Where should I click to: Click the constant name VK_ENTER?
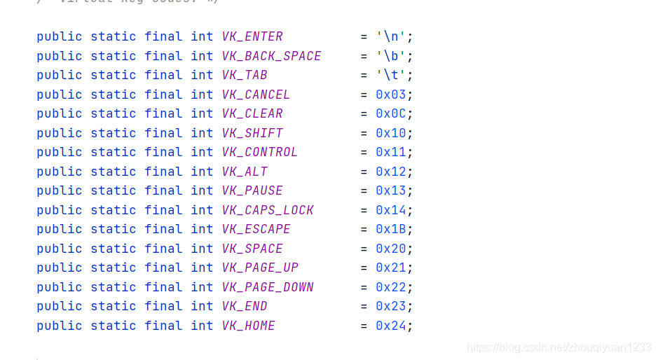(252, 36)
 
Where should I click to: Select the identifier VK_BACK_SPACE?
(271, 56)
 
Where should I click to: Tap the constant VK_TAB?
(245, 75)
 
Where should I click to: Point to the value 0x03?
(391, 95)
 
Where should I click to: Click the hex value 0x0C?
(391, 113)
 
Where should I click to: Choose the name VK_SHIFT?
(252, 133)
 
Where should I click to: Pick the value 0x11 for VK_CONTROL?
(391, 152)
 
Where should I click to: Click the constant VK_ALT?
(245, 172)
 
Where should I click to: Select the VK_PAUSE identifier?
(252, 191)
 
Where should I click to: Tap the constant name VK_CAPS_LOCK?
(268, 210)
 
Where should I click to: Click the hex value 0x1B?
(391, 229)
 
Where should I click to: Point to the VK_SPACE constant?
(252, 249)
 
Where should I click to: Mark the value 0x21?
(391, 268)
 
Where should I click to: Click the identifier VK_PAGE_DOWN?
(268, 287)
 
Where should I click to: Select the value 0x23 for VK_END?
(391, 306)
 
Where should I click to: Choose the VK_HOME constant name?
(248, 326)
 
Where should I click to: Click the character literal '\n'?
(391, 36)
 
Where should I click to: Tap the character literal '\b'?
(391, 56)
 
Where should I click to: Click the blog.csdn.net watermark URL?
(558, 347)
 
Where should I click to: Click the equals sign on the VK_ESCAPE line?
(364, 229)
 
